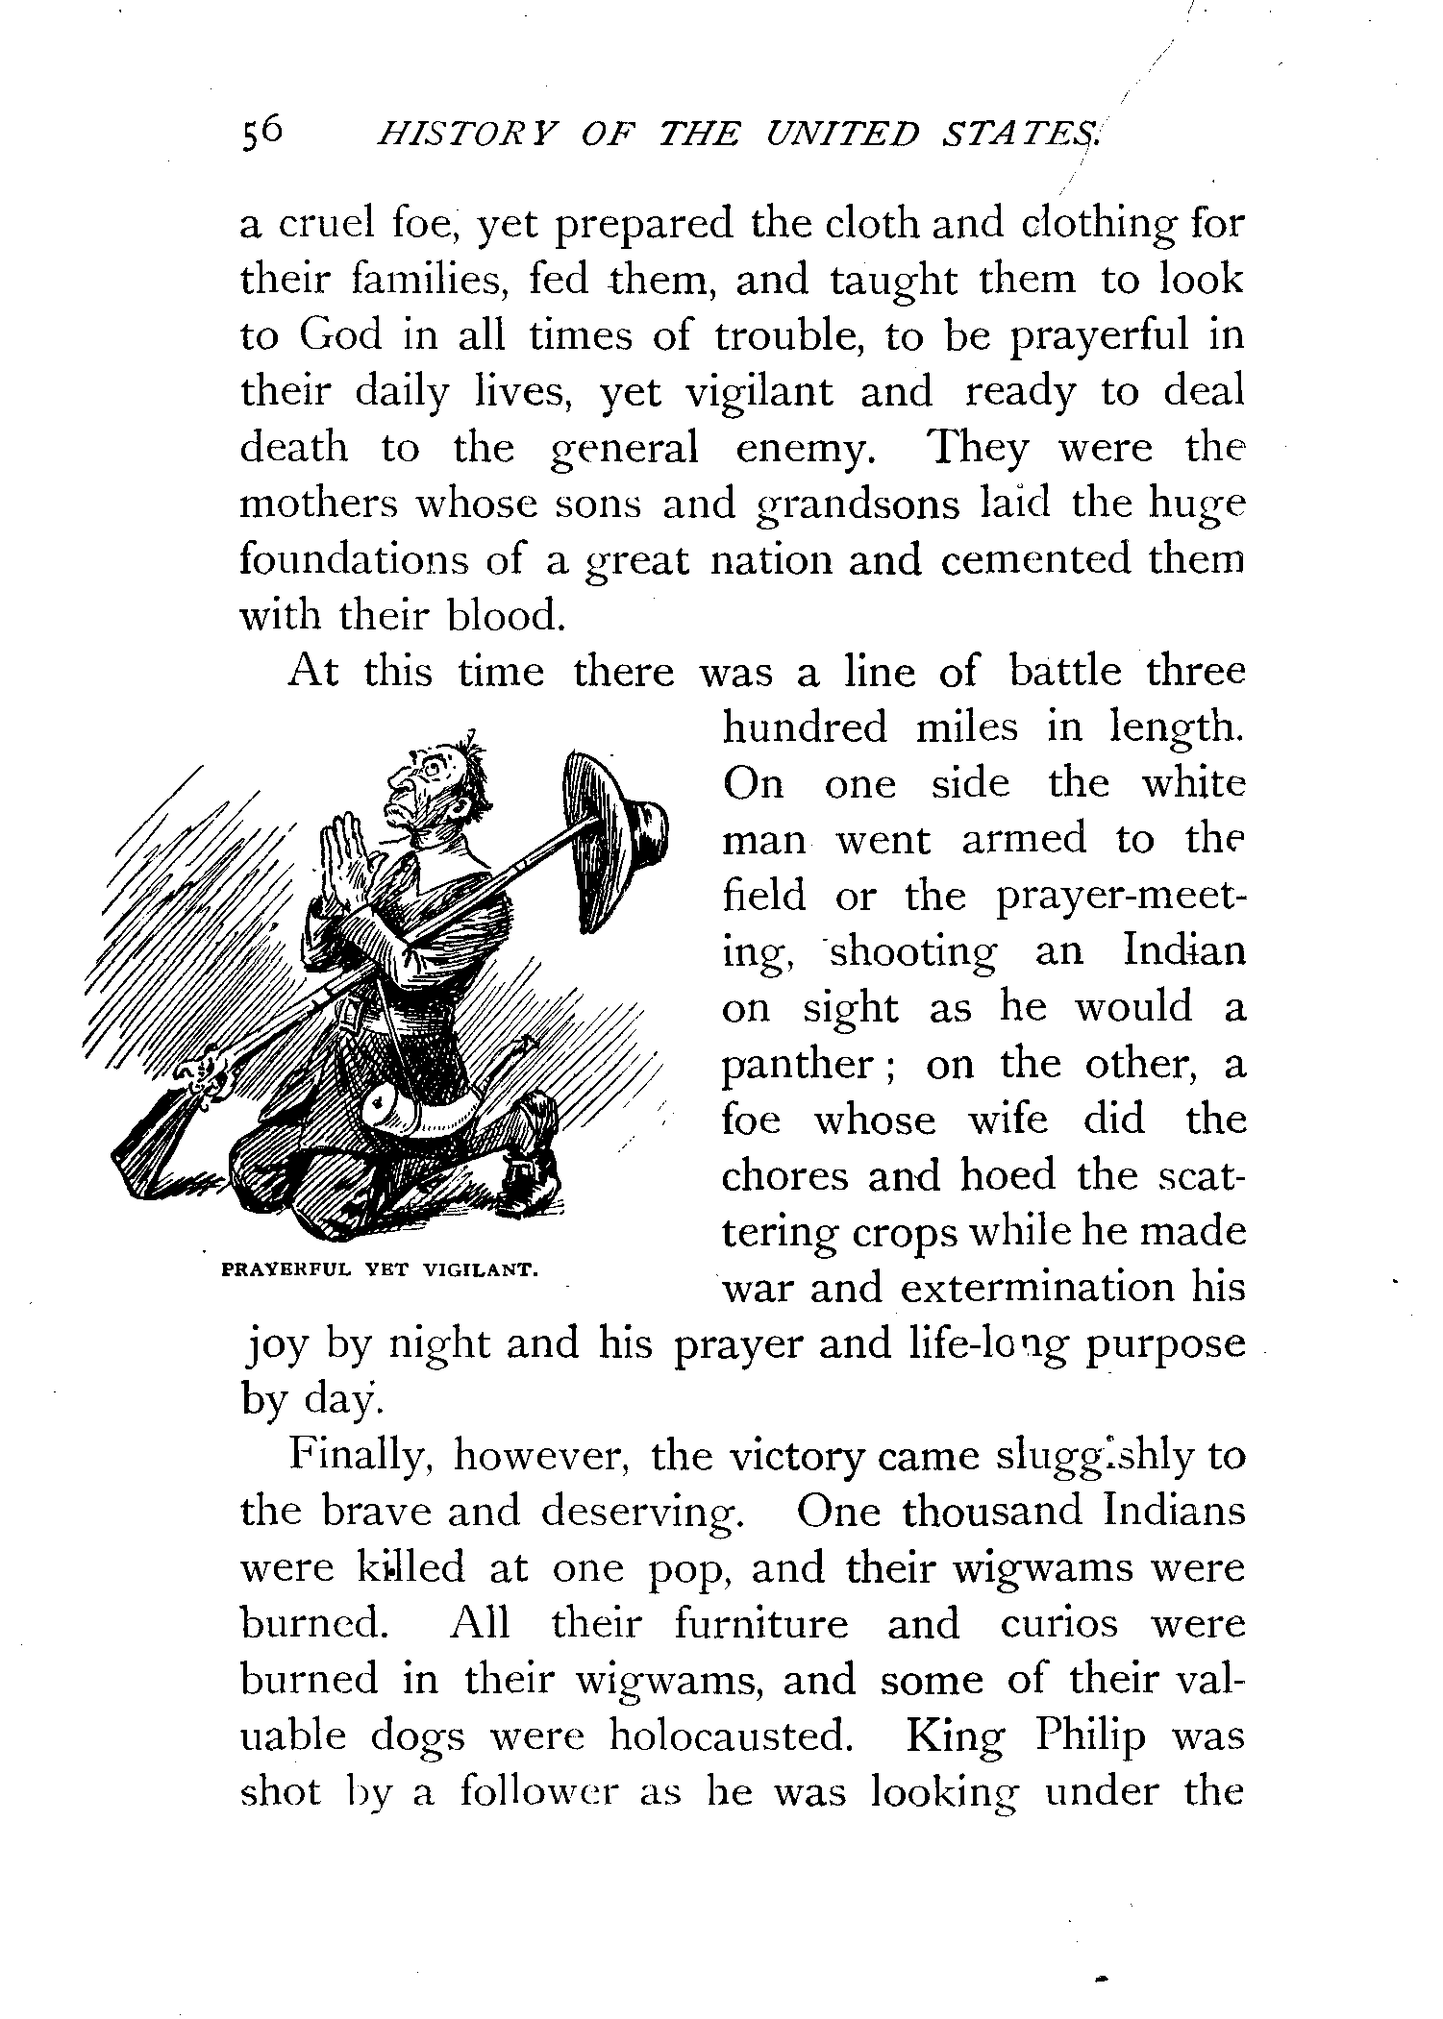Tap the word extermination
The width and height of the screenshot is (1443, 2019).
point(1037,1289)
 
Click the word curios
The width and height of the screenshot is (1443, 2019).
point(1061,1626)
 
